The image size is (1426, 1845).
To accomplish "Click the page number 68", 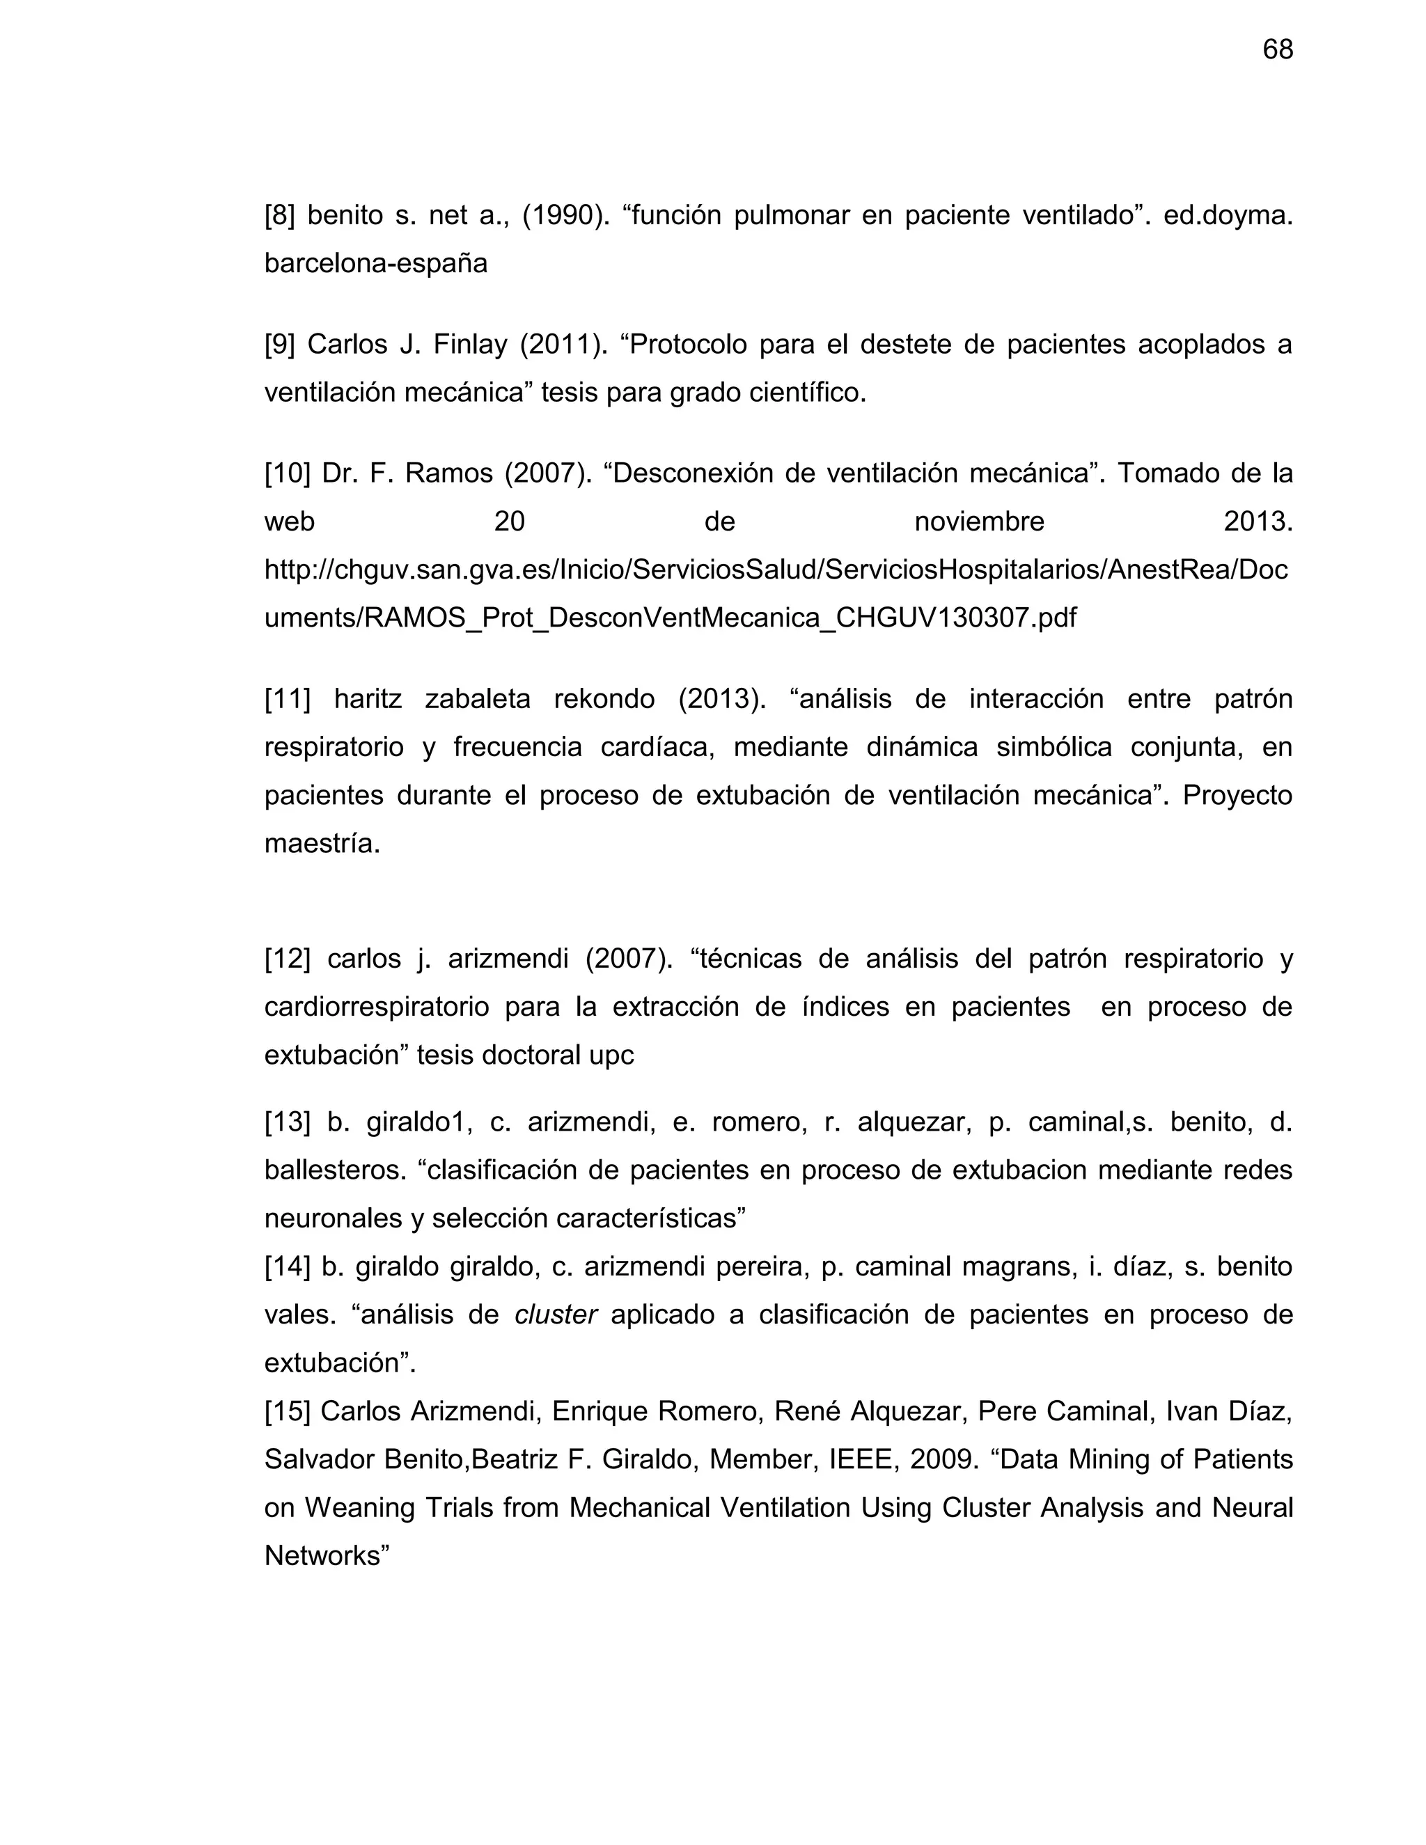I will coord(1277,50).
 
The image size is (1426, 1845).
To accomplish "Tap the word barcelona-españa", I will coord(376,264).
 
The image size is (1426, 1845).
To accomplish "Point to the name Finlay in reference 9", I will coord(471,345).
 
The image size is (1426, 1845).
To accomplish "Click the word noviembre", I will coord(979,521).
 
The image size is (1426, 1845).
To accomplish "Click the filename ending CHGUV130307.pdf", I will coord(671,618).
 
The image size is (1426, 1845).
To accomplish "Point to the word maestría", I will coord(322,843).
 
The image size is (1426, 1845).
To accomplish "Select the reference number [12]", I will coord(288,959).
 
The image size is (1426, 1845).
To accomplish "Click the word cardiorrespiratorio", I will coord(377,1007).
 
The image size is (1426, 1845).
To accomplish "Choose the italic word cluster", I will coord(556,1314).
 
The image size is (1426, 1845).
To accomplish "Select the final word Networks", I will coord(326,1555).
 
